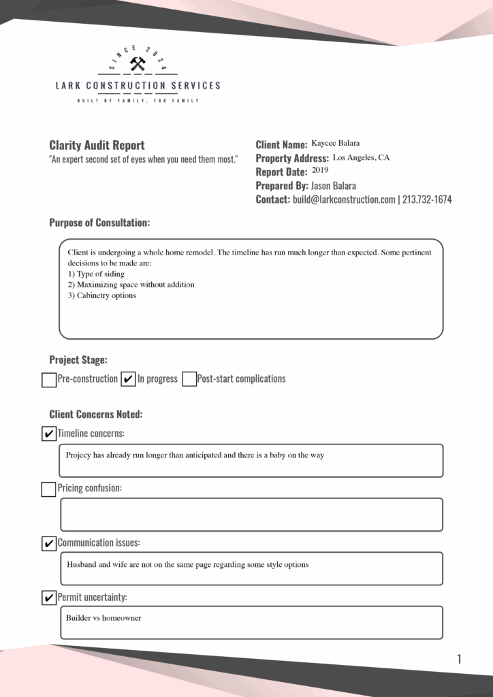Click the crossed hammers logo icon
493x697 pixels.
click(138, 65)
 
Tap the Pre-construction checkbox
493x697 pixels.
click(49, 380)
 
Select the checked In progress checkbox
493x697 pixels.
click(128, 380)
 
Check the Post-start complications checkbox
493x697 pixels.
click(189, 380)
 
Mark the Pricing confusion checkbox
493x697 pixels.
click(48, 489)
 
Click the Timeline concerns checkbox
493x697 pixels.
click(48, 434)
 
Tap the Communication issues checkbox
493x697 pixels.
click(48, 543)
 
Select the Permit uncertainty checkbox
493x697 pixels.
click(48, 598)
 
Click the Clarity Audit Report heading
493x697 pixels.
click(97, 145)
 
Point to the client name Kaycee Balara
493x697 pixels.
click(335, 144)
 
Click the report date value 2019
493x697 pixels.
click(320, 171)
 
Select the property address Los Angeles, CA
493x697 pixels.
click(361, 158)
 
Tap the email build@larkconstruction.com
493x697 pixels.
click(344, 199)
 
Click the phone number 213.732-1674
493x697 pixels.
click(427, 199)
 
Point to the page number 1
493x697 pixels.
click(459, 659)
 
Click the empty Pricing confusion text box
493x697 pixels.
click(251, 515)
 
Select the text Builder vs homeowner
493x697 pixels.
click(104, 618)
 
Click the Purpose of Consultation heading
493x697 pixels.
click(99, 223)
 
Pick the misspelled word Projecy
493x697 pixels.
click(78, 455)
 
